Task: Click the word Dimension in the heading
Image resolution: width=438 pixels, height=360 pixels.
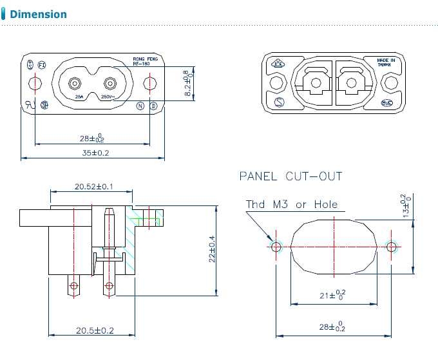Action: pyautogui.click(x=39, y=14)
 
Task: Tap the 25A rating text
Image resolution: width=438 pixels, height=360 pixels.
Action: pyautogui.click(x=79, y=97)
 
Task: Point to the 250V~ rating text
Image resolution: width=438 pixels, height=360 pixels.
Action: pyautogui.click(x=108, y=97)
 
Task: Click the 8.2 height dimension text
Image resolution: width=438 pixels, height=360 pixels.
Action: pyautogui.click(x=187, y=84)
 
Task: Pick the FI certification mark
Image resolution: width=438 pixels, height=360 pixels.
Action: pyautogui.click(x=42, y=65)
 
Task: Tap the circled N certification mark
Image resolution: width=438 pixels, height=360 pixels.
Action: pyautogui.click(x=140, y=106)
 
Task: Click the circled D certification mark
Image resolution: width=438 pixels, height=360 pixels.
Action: pyautogui.click(x=153, y=106)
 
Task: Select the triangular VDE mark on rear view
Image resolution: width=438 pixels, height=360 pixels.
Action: pyautogui.click(x=278, y=64)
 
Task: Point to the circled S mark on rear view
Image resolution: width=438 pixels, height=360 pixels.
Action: pyautogui.click(x=279, y=102)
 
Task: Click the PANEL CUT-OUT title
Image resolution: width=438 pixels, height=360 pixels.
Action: pyautogui.click(x=290, y=176)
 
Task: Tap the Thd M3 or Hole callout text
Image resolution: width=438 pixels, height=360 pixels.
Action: pyautogui.click(x=291, y=205)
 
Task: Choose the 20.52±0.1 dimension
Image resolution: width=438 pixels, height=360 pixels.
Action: pyautogui.click(x=94, y=186)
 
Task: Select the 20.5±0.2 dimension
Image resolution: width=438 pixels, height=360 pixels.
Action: pyautogui.click(x=95, y=330)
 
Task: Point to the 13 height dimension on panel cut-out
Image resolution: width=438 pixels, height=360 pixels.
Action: pyautogui.click(x=405, y=206)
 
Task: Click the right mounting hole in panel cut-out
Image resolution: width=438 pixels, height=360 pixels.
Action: pyautogui.click(x=391, y=247)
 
